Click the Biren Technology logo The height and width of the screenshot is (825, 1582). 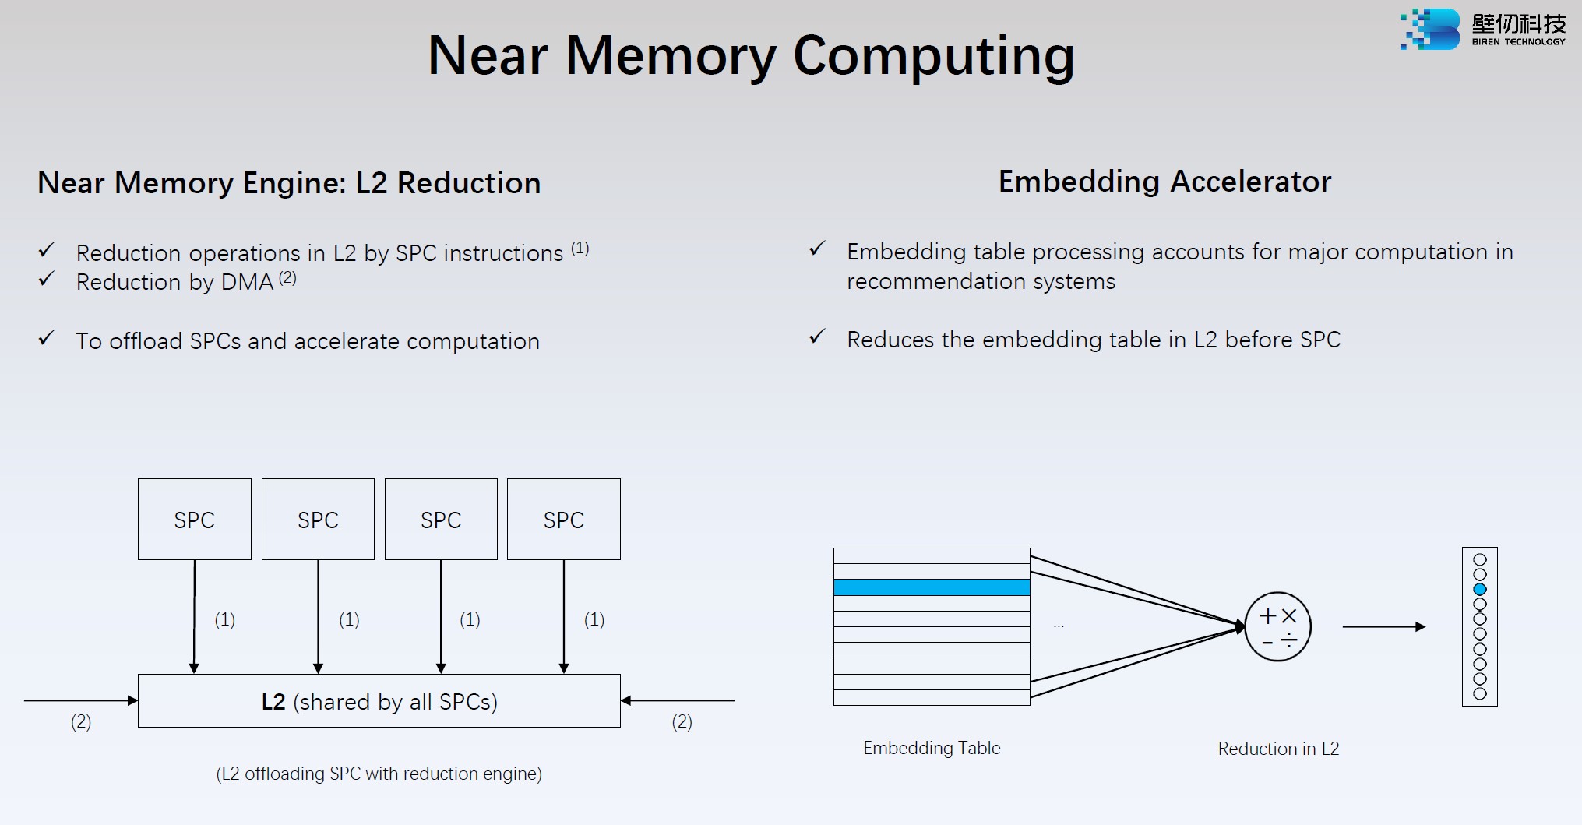coord(1482,30)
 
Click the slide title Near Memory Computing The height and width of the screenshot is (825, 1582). coord(751,56)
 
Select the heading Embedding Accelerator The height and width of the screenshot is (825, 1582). coord(1164,182)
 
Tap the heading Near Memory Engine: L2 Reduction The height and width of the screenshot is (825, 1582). coord(289,183)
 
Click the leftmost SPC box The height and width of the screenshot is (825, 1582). coord(194,520)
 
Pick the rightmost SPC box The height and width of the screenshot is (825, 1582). coord(563,520)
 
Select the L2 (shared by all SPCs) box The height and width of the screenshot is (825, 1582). coord(379,701)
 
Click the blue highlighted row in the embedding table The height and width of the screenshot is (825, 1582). coord(932,587)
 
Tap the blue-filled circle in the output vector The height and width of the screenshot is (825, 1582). coord(1480,589)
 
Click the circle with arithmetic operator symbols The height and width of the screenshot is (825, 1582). coord(1277,626)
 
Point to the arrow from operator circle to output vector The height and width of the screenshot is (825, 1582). coord(1383,626)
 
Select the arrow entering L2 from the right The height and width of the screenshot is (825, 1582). coord(678,700)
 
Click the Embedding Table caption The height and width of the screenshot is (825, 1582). coord(932,748)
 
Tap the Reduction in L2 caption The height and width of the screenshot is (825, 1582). coord(1278,749)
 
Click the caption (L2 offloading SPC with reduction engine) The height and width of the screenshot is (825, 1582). coord(379,774)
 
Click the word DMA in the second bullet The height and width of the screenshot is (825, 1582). coord(247,282)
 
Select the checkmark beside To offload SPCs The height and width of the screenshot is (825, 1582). coord(47,338)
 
